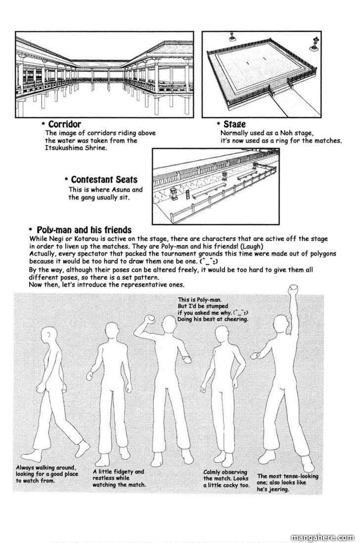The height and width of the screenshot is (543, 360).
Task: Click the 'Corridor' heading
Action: tap(64, 124)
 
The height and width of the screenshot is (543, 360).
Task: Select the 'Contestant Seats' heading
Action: tap(104, 179)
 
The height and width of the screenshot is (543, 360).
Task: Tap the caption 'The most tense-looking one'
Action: tap(287, 482)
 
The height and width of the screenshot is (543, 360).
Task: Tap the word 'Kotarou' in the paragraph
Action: tap(83, 239)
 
